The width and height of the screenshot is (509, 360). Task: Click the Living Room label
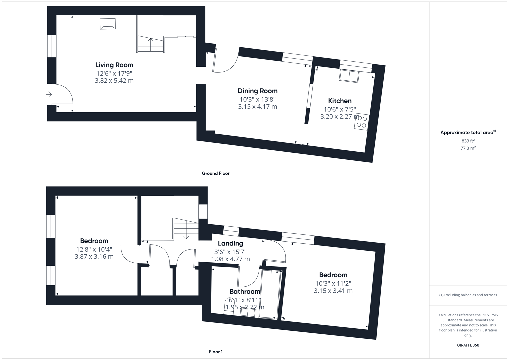pos(114,65)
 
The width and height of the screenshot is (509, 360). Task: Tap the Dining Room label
pos(257,91)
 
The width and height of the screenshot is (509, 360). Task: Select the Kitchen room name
pos(340,101)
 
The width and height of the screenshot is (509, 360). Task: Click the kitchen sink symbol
pos(349,76)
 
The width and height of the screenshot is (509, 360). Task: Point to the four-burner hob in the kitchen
pos(362,122)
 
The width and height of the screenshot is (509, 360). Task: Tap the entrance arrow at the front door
pos(49,95)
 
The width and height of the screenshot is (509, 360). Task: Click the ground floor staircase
pos(150,44)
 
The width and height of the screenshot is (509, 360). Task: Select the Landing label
pos(230,243)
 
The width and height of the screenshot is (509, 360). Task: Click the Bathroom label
pos(245,292)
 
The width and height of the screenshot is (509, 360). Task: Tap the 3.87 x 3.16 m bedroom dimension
pos(94,257)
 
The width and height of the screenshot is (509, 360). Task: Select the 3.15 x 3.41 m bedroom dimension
pos(333,291)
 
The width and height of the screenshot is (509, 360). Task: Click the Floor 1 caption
pos(216,352)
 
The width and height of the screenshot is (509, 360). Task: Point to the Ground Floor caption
pos(216,173)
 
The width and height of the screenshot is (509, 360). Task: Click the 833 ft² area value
pos(468,141)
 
